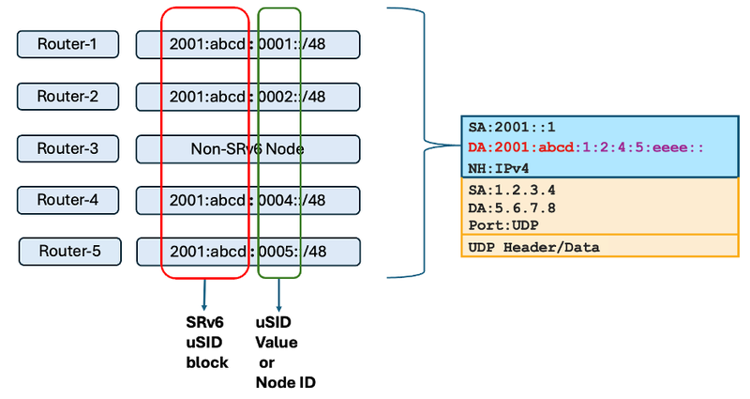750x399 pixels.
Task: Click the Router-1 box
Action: [x=68, y=44]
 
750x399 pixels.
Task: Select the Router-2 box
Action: [x=68, y=96]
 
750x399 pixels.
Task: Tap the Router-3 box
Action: [x=68, y=148]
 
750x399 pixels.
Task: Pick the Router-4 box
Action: [x=68, y=200]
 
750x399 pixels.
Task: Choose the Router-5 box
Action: [x=70, y=251]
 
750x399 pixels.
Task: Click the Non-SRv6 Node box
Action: [x=247, y=148]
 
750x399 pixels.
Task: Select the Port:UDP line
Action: [x=504, y=225]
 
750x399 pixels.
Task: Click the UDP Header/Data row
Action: [x=534, y=247]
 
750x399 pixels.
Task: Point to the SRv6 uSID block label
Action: [x=206, y=342]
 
